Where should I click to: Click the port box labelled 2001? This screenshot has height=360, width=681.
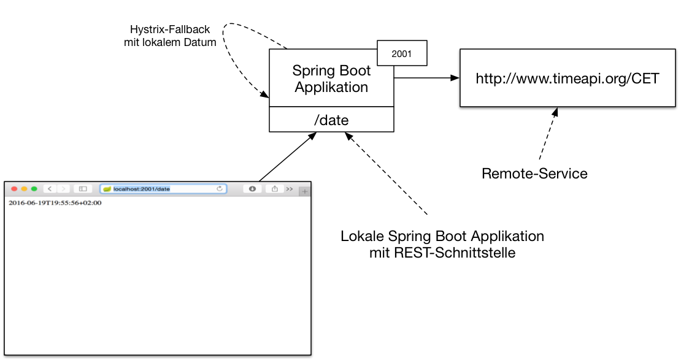[401, 54]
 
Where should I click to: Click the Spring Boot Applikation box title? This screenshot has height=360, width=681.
[331, 79]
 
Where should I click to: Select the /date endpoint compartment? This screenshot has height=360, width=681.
[331, 120]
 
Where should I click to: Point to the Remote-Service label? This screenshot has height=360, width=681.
[534, 174]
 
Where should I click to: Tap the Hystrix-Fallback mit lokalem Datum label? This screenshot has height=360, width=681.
[170, 36]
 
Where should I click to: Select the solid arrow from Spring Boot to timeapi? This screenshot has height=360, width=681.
[426, 78]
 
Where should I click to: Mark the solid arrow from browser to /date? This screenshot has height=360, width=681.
[286, 158]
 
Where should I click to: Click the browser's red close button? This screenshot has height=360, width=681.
[15, 189]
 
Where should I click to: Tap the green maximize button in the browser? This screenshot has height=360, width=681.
[34, 189]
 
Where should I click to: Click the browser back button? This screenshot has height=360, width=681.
[50, 189]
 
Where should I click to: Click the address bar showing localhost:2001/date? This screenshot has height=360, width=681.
[163, 189]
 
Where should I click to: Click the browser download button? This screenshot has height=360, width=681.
[252, 189]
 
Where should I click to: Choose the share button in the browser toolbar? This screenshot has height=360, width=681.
[274, 189]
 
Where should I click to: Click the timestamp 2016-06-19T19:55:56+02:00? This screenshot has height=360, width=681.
[55, 203]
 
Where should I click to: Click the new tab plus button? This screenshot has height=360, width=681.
[304, 191]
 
